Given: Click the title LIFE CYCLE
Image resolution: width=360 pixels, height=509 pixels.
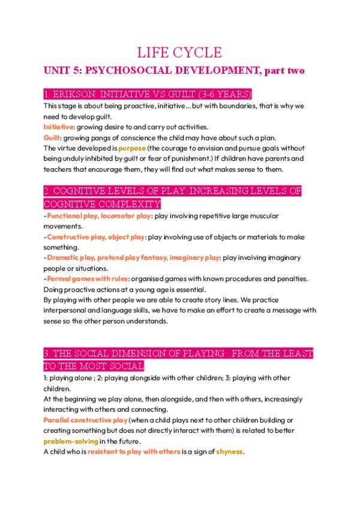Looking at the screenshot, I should (x=179, y=52).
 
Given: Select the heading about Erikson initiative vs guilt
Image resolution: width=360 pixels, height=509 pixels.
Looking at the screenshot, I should (x=148, y=95).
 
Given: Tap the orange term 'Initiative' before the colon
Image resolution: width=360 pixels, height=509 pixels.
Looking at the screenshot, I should (x=58, y=127).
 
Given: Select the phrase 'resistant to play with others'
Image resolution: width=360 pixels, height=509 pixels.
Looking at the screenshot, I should (x=134, y=451).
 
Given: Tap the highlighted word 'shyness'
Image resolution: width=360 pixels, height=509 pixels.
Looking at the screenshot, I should (x=229, y=451).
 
